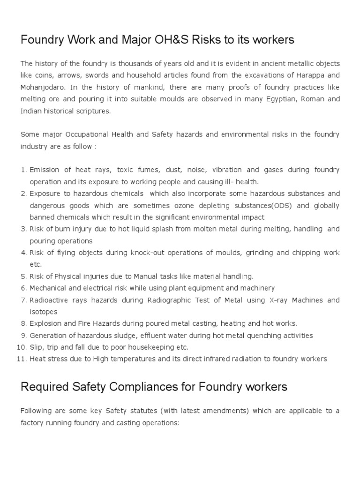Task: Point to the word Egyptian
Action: tap(267, 99)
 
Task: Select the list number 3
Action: tap(23, 229)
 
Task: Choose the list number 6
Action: tap(23, 288)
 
